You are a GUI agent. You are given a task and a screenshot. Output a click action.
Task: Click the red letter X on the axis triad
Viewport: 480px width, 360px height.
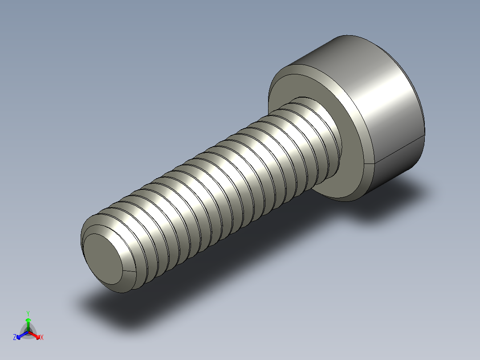(x=42, y=338)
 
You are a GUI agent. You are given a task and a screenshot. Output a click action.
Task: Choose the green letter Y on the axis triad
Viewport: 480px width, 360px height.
(x=28, y=313)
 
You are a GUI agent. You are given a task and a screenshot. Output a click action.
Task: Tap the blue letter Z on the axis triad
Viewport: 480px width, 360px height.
(x=15, y=338)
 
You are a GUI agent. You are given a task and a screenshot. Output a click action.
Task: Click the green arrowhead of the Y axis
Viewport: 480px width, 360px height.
(x=28, y=320)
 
